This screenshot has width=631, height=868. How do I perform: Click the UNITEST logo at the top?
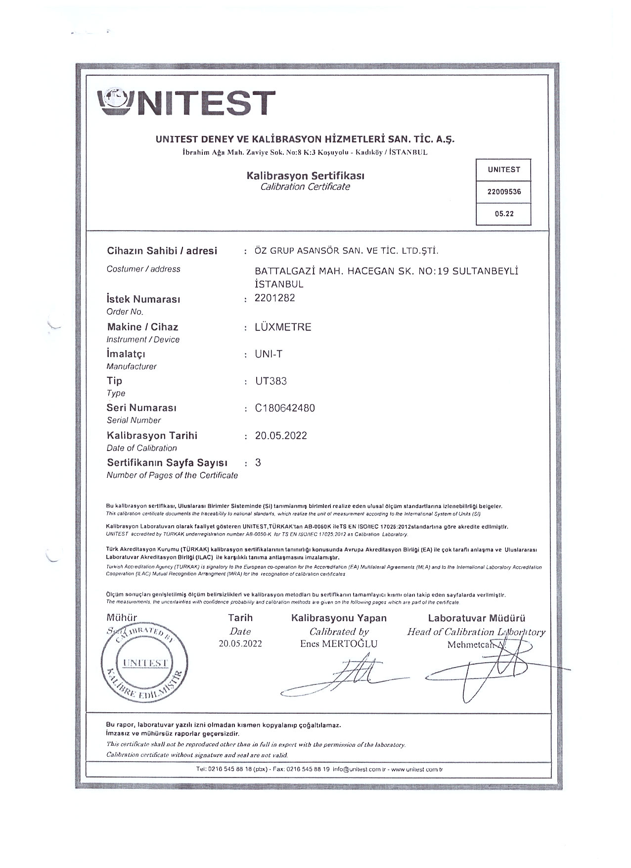coord(187,102)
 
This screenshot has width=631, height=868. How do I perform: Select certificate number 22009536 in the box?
coord(503,192)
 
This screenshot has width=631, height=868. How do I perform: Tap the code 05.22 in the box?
coord(503,214)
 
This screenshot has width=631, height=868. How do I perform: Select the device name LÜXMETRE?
coord(283,327)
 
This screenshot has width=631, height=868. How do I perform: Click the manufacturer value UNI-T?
coord(269,354)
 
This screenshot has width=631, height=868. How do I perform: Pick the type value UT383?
coord(270,381)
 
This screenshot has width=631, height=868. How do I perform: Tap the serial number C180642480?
coord(285,408)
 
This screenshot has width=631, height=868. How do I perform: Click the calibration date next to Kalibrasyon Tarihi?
coord(281,436)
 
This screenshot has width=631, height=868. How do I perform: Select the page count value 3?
coord(258,462)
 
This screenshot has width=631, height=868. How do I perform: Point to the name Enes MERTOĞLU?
coord(338,643)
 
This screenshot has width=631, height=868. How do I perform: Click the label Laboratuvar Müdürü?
coord(476,618)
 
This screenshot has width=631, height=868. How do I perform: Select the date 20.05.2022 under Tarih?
coord(240,643)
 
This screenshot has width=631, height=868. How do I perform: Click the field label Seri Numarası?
coord(141,408)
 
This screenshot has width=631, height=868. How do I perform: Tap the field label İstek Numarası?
coord(143,299)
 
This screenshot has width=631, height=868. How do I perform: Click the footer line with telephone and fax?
coord(318,783)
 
